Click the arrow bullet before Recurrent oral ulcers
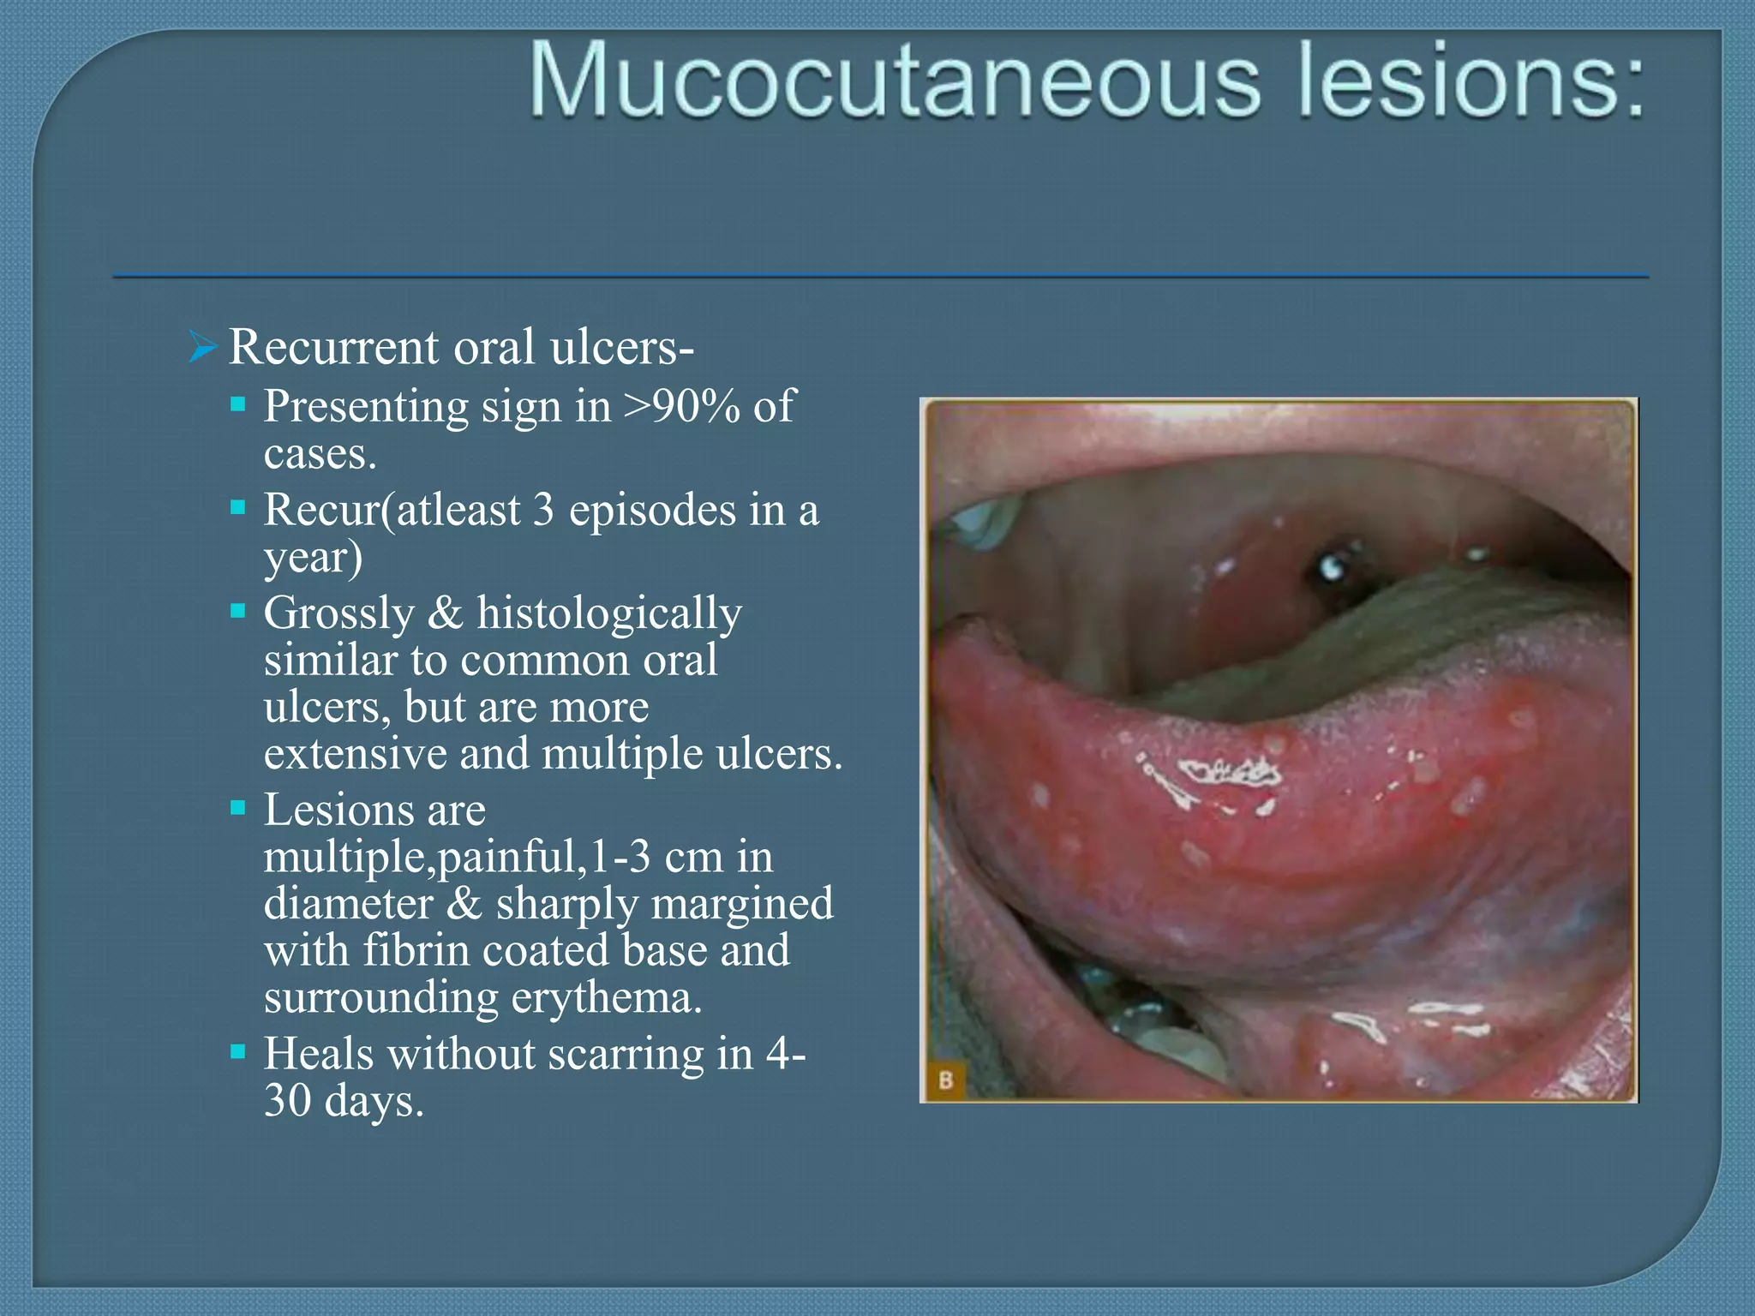click(x=201, y=347)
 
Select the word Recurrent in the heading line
click(x=333, y=347)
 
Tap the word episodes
click(x=652, y=510)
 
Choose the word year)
click(x=314, y=558)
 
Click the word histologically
click(x=609, y=613)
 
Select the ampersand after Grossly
click(x=445, y=613)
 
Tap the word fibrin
click(x=416, y=950)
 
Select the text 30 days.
click(x=344, y=1101)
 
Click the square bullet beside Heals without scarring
click(x=238, y=1050)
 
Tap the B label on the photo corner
click(x=945, y=1080)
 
